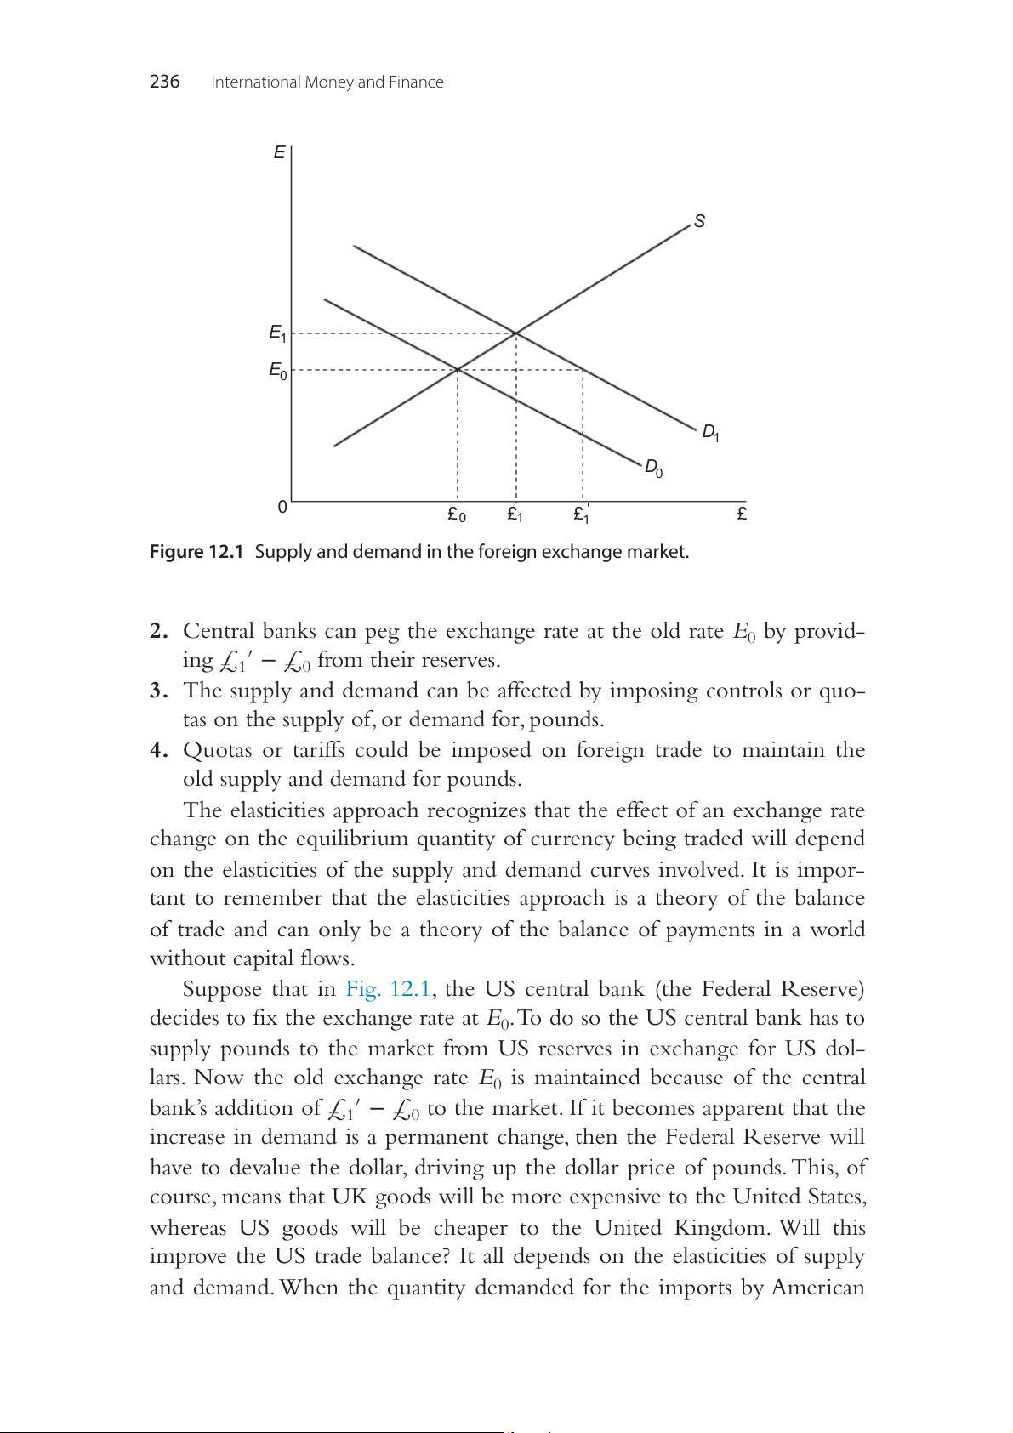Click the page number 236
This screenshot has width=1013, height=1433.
[164, 82]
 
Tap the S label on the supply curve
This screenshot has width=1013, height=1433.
[699, 221]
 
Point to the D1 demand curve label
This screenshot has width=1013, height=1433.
[710, 433]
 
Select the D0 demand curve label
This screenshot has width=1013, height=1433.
[653, 468]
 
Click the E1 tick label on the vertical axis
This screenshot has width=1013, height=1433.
[277, 333]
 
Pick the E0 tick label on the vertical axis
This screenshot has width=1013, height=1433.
[277, 370]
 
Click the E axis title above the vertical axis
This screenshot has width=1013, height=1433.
[279, 153]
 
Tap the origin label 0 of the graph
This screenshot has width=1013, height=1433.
[282, 507]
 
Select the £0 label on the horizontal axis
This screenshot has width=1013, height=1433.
[457, 515]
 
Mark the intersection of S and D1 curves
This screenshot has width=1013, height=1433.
[516, 333]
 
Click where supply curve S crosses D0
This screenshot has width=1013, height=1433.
[458, 369]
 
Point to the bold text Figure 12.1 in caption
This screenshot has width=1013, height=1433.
[196, 552]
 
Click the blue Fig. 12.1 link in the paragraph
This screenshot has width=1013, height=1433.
[388, 989]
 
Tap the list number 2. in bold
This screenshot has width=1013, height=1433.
[158, 631]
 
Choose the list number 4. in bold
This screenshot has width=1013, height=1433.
[158, 750]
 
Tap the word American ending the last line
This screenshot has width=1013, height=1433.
[817, 1288]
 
